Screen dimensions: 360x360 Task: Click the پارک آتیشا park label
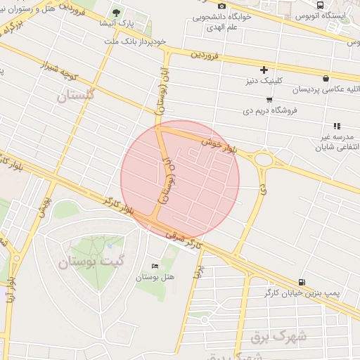(117, 23)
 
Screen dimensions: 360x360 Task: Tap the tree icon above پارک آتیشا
(116, 13)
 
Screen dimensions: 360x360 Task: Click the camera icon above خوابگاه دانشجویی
(222, 6)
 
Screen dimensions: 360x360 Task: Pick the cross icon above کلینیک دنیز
(264, 70)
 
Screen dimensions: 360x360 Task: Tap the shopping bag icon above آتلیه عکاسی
(325, 79)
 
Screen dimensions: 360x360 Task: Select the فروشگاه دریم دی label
(271, 110)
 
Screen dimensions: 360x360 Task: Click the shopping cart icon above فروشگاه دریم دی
(269, 99)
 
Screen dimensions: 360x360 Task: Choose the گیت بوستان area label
(86, 264)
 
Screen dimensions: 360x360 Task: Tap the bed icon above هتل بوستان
(155, 266)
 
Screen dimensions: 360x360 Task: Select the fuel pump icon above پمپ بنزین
(302, 281)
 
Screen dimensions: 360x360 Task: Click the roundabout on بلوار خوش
(264, 160)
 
